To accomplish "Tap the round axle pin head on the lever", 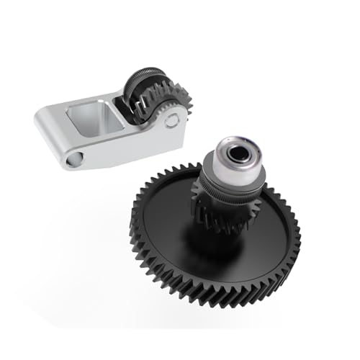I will [x=171, y=120].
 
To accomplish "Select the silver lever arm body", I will [x=108, y=144].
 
